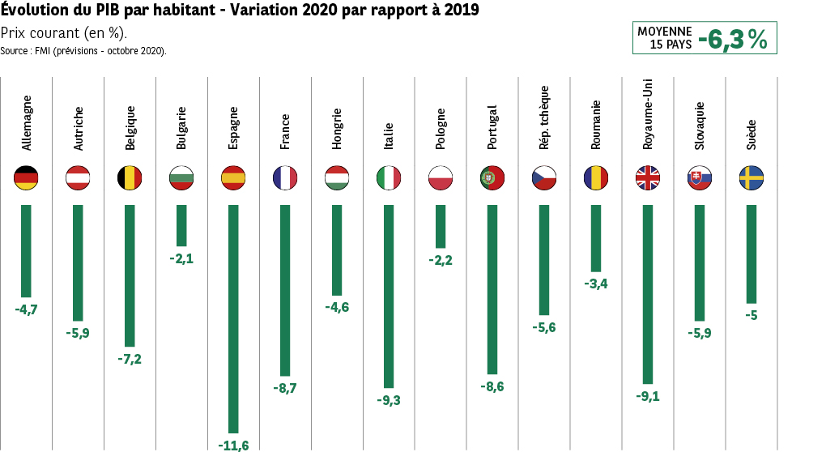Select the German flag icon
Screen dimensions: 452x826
pos(27,178)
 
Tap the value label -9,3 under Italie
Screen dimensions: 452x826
pos(389,400)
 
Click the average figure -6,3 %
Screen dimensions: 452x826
pos(732,39)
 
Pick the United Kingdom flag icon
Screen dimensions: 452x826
pos(648,178)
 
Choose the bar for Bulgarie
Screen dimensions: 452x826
pos(181,225)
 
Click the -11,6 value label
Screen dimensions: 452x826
pos(233,445)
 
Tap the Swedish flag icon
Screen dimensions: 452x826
pos(751,178)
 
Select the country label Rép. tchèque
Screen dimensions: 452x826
pos(544,117)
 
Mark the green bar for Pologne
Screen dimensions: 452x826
pos(441,226)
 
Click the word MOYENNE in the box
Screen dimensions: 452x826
pos(665,31)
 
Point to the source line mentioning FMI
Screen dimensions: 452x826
pos(83,50)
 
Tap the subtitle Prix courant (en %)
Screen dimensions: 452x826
pos(64,33)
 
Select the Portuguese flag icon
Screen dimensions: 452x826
pos(492,178)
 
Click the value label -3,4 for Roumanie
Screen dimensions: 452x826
pos(596,284)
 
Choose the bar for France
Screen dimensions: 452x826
pos(285,290)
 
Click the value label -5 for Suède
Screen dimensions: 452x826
pos(751,315)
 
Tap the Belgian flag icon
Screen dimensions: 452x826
pos(130,178)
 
